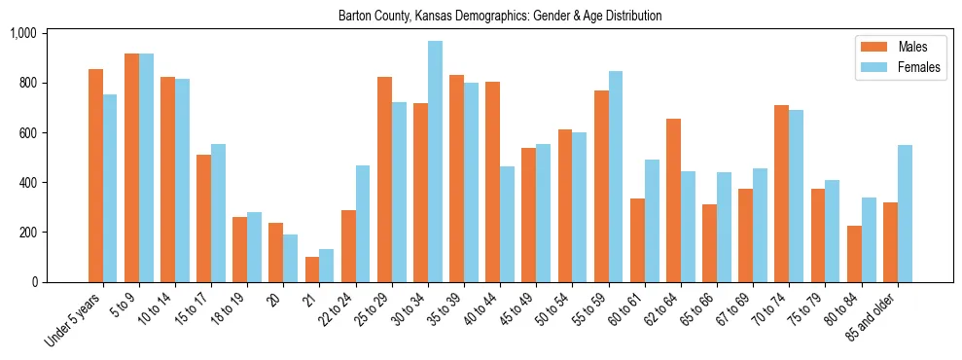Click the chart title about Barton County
pyautogui.click(x=500, y=17)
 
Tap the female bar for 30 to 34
pyautogui.click(x=435, y=162)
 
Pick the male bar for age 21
pyautogui.click(x=312, y=270)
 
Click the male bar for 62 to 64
pyautogui.click(x=673, y=200)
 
